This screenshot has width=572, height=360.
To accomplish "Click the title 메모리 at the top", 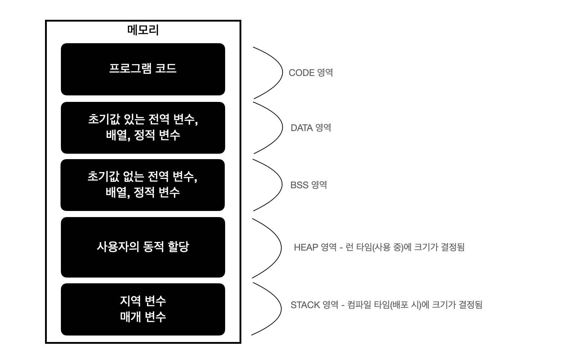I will click(143, 30).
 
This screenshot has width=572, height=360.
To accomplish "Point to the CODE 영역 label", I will click(310, 73).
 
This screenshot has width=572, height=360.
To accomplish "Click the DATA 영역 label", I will click(310, 128).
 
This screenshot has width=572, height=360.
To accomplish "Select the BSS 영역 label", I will click(308, 185).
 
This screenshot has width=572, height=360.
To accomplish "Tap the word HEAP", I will click(306, 247).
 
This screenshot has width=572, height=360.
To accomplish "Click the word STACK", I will click(305, 305).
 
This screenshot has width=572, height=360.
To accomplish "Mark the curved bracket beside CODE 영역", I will click(282, 72).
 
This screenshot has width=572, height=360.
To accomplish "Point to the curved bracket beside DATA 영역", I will click(282, 127).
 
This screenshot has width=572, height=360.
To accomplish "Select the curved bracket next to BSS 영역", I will click(281, 184).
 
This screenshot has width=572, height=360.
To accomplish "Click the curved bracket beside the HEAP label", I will click(281, 248).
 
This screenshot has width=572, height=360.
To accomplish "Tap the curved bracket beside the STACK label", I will click(281, 308).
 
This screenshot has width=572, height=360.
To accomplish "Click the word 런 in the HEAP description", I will click(349, 247).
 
